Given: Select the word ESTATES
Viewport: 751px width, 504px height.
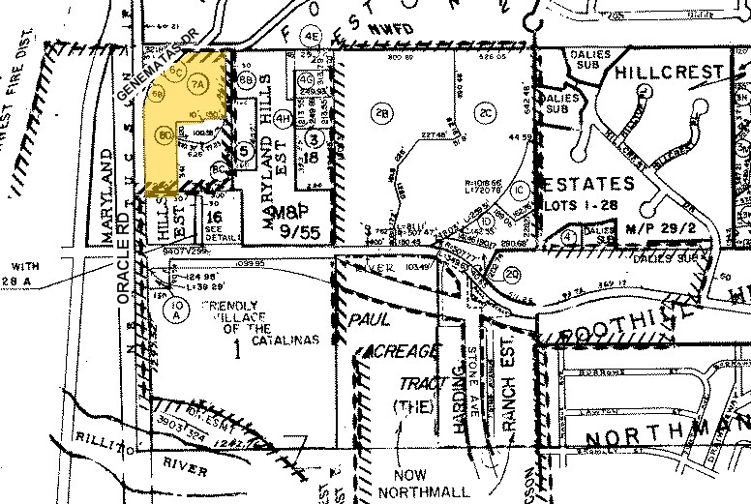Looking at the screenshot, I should coord(588,183).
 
